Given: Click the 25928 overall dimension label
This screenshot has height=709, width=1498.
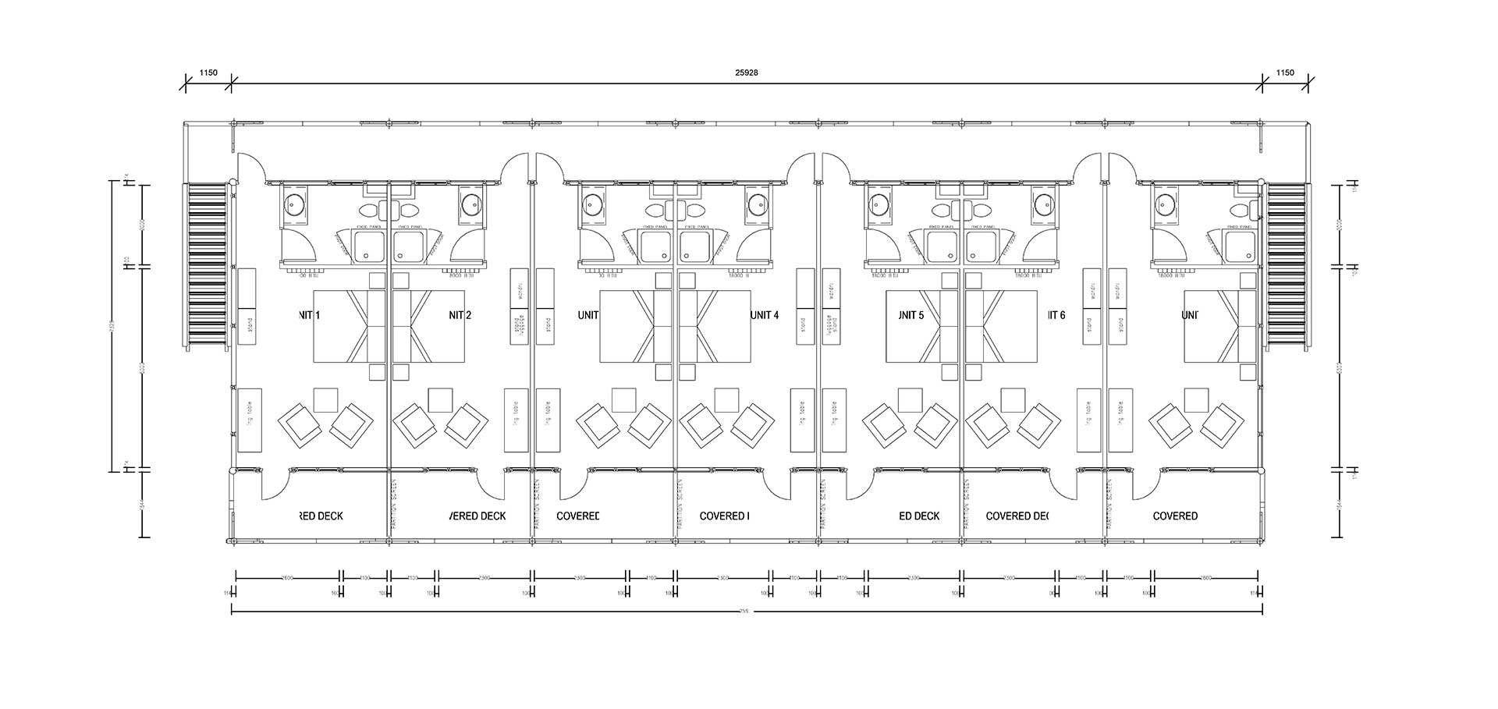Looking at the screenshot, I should point(747,73).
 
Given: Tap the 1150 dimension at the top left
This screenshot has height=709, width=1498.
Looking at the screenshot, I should point(208,73).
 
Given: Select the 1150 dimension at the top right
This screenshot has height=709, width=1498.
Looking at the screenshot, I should point(1285,73).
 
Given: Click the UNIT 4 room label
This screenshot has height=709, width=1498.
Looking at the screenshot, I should point(765,315).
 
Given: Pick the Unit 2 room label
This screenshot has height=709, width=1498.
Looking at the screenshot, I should point(460,315).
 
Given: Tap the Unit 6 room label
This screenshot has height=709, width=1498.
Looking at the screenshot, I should point(1056,315).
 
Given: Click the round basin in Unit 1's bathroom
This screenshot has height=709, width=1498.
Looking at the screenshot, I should point(295,205).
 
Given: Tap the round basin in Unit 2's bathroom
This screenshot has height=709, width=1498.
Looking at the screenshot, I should point(470,205).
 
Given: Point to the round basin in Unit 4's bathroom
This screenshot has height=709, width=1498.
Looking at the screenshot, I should point(756,205).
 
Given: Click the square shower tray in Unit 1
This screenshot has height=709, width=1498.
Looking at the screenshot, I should point(367,246).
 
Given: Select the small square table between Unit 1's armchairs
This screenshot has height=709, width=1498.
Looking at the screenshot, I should point(325,399).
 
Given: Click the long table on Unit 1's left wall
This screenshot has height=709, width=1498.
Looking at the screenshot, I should point(249,420).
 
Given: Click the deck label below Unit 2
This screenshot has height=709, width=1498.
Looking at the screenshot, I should point(478,516).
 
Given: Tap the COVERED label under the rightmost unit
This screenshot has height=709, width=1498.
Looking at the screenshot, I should point(1175,516).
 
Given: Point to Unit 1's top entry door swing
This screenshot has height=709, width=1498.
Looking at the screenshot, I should point(251,166).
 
